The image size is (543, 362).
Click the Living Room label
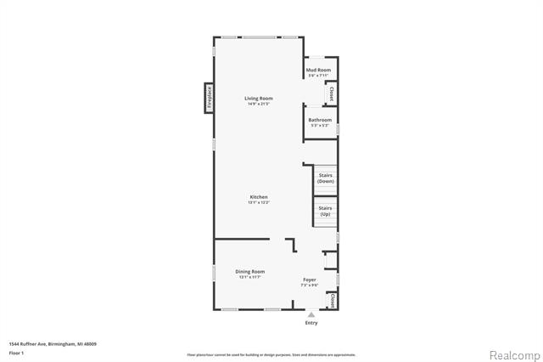point(259,99)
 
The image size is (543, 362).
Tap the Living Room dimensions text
point(259,105)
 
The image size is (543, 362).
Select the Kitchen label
point(259,196)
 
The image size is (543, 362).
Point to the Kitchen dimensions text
point(259,202)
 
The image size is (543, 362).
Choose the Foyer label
point(310,280)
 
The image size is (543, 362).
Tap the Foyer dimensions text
point(310,286)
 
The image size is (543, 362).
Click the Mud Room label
point(319,69)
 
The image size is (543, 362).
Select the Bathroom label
point(320,120)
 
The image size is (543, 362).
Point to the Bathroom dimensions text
point(320,126)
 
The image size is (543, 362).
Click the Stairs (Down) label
point(325,178)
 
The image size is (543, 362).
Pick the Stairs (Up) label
point(325,211)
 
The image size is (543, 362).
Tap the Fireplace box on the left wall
point(208,97)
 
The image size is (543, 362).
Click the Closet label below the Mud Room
point(332,94)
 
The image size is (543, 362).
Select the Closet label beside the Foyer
point(333,301)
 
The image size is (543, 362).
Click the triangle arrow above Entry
point(311,314)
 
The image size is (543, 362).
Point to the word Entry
point(311,323)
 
